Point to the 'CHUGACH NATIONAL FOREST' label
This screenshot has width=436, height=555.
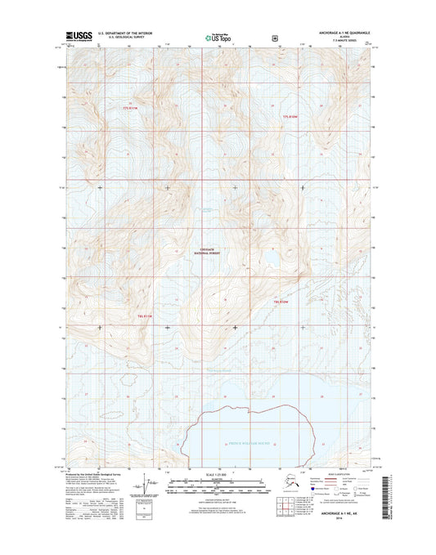211,253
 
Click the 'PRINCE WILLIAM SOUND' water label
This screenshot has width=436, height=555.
248,444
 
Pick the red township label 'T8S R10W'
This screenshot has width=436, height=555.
283,302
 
